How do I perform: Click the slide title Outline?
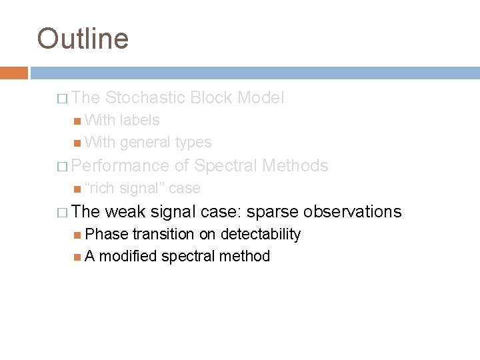(83, 38)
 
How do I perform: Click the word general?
(145, 141)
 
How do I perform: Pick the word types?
(194, 141)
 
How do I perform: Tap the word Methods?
(295, 165)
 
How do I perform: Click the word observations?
(352, 212)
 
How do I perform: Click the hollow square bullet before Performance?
(62, 166)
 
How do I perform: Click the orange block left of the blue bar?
(14, 72)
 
